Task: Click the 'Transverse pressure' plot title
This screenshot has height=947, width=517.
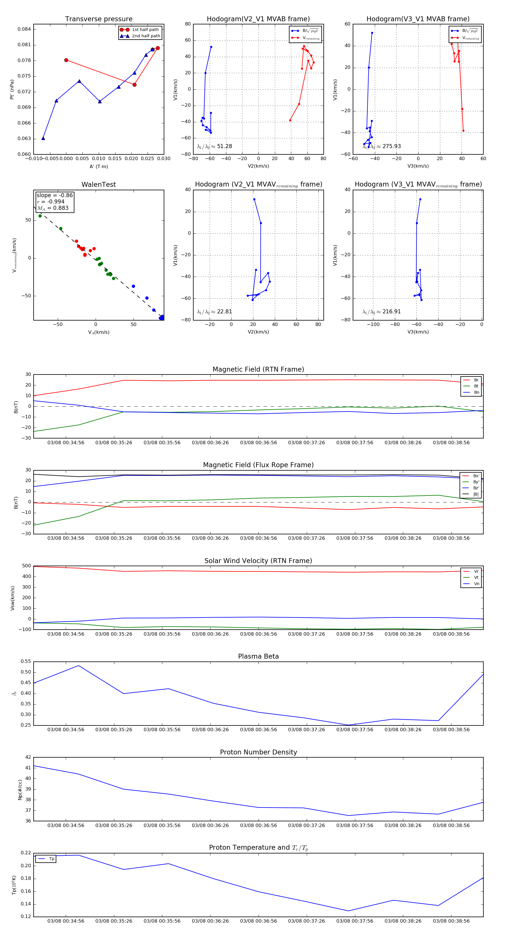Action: [99, 19]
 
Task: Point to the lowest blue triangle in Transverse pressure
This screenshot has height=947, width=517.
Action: [43, 138]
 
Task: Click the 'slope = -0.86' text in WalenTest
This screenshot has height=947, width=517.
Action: [55, 195]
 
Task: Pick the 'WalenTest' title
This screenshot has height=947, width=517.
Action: [99, 185]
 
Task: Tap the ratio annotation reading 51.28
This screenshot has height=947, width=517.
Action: [215, 146]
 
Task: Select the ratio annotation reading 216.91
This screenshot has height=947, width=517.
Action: [382, 312]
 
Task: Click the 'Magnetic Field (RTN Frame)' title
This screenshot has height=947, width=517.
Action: [258, 369]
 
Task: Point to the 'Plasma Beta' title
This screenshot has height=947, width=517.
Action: [258, 657]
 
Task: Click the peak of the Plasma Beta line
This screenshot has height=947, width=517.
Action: [78, 665]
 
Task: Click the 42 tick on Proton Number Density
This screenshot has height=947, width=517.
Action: [28, 757]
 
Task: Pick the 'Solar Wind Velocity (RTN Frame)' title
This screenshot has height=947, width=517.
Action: [258, 561]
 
